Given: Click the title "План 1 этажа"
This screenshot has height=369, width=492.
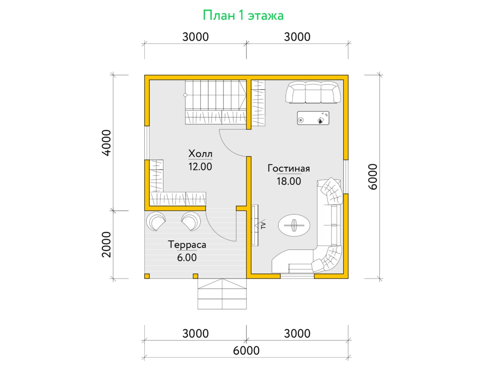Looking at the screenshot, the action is tap(243, 16).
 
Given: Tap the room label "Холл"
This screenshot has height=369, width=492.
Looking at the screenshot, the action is tap(200, 154).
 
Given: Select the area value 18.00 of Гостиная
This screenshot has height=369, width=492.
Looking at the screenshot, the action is tap(289, 181).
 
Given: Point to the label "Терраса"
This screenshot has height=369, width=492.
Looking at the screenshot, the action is tap(187, 245).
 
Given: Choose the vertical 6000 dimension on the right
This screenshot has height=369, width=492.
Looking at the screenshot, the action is tap(373, 177).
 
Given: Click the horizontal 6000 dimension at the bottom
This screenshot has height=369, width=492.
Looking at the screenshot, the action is tap(246, 351).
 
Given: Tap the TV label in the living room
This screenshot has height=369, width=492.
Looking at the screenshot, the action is tap(264, 225).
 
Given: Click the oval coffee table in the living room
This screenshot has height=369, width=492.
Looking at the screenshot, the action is tap(294, 225).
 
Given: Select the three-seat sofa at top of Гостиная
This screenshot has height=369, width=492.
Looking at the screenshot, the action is tap(313, 92).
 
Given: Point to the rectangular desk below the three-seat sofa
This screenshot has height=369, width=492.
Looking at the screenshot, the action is tap(313, 118).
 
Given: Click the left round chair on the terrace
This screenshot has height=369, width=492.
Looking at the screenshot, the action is tap(156, 221).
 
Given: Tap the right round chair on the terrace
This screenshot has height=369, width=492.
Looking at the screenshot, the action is tap(191, 221).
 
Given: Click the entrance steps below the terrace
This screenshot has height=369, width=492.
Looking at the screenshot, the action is tap(222, 294).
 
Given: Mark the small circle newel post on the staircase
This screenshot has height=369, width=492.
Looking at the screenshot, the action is tap(185, 95).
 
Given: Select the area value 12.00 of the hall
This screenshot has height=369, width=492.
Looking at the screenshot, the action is tap(200, 167).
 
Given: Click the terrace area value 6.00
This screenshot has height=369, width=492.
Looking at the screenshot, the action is tap(187, 257).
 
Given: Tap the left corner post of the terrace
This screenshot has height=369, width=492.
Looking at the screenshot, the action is tap(147, 276).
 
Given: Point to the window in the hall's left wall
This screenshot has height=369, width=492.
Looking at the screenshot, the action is tap(147, 143).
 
